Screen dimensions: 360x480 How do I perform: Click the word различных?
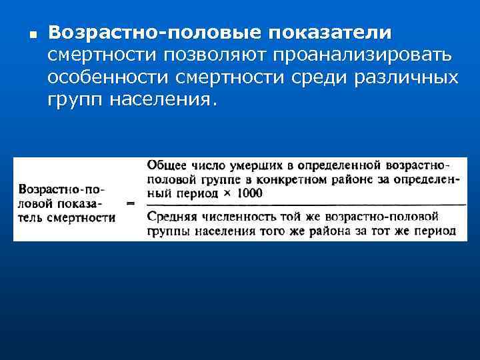[405, 78]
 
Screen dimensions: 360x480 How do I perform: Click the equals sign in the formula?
[131, 202]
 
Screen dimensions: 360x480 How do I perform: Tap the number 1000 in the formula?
[249, 193]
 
